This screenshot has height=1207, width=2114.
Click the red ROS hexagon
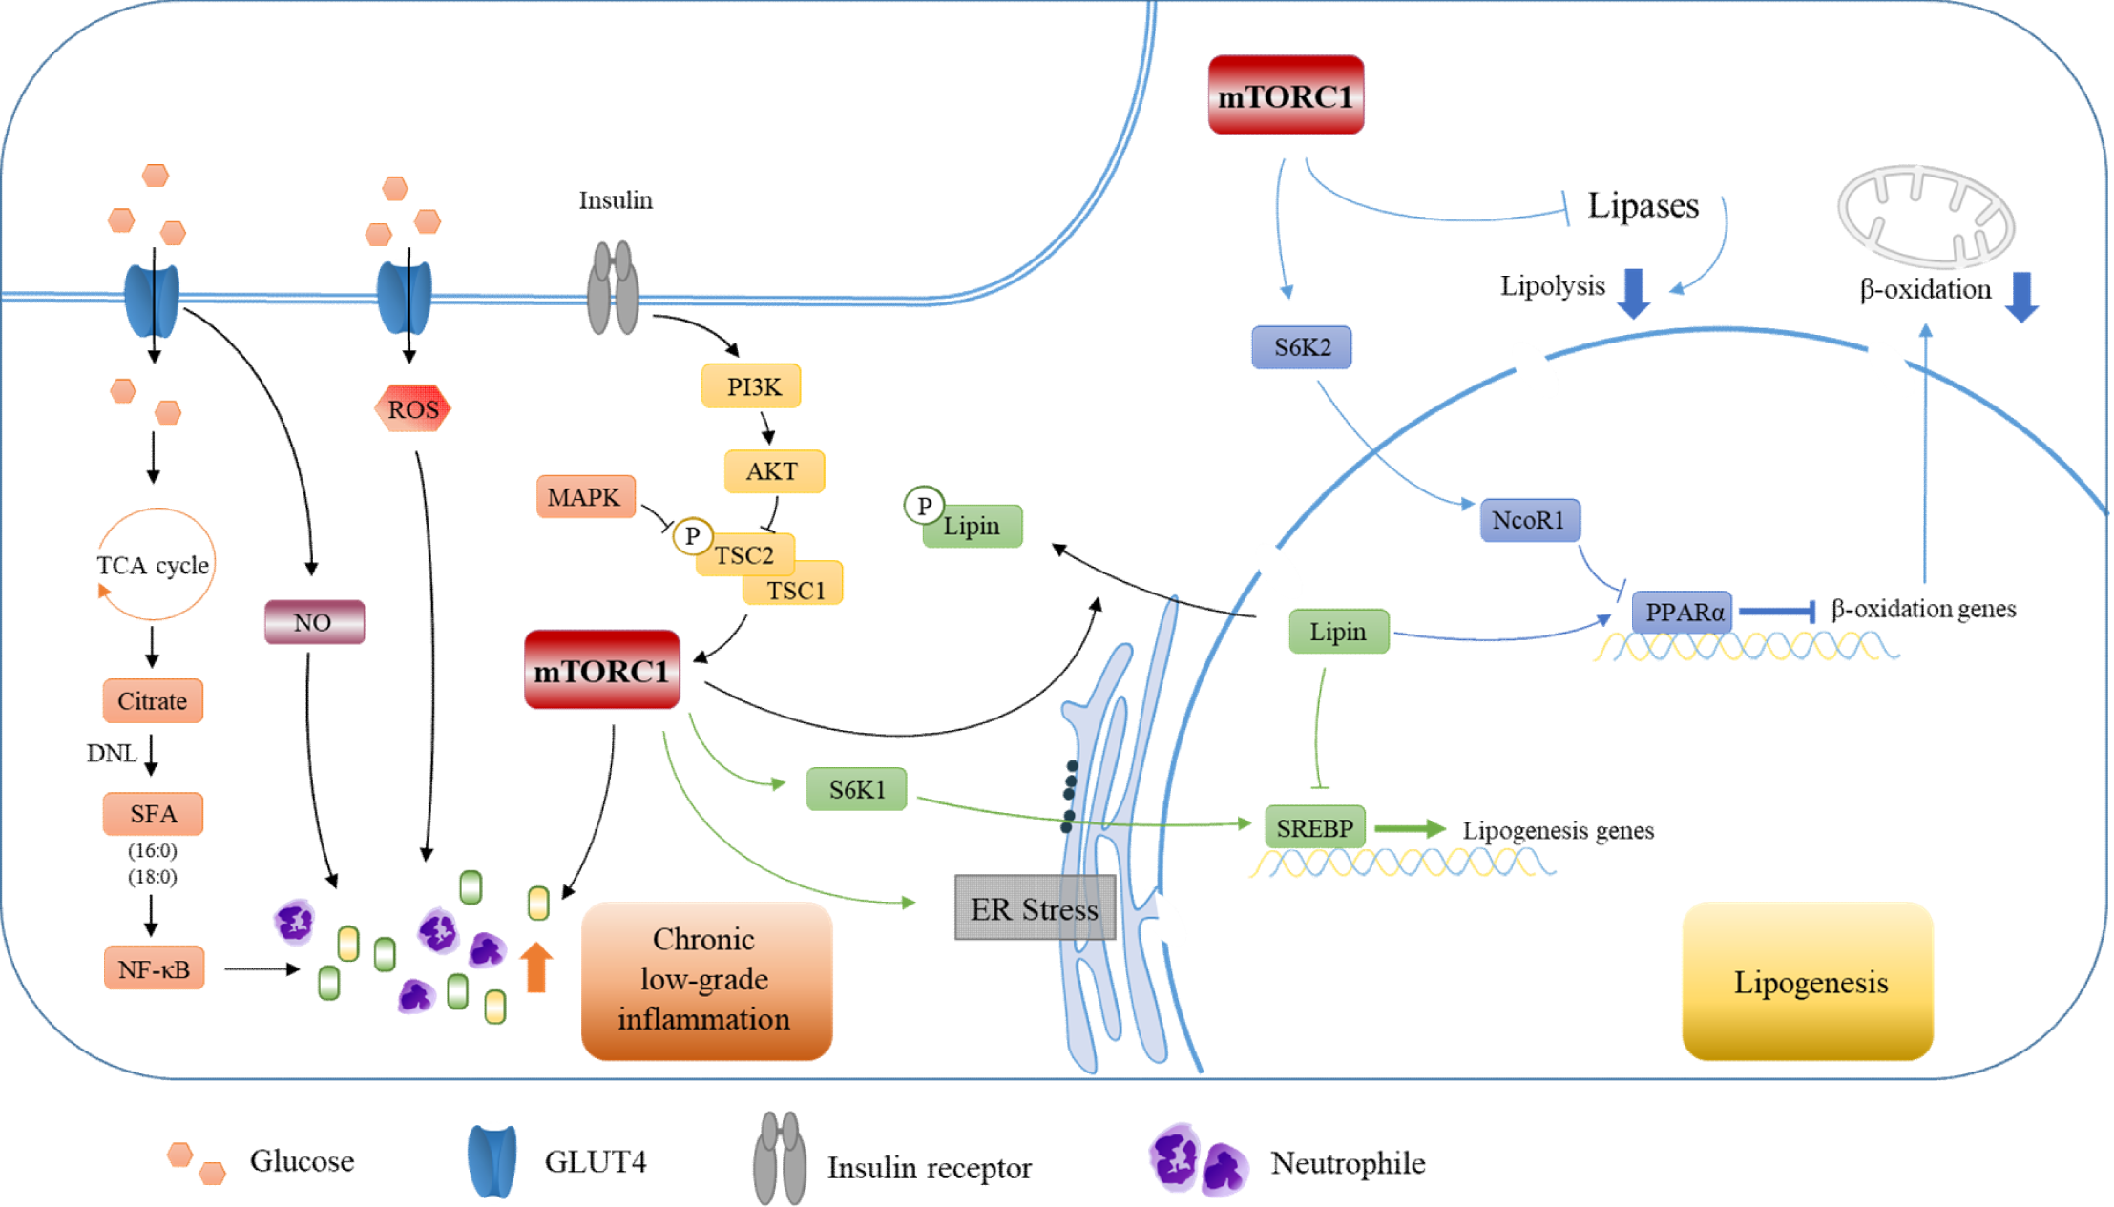pos(412,409)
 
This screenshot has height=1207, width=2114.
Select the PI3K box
pos(751,386)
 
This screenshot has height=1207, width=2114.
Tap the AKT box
pos(773,471)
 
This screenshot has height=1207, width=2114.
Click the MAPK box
pos(585,497)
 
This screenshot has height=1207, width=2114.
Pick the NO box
pos(314,622)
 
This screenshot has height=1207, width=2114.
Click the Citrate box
pos(153,701)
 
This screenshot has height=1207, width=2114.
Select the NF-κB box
pos(154,969)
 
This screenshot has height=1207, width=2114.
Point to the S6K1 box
pos(856,789)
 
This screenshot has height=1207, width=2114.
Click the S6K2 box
pos(1301,347)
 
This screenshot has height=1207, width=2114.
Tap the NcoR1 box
pos(1529,520)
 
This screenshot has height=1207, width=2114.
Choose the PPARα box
pos(1683,612)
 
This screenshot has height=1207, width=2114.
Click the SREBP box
pos(1315,827)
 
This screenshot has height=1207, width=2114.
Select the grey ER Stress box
pos(1035,908)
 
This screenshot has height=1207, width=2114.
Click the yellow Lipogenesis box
pos(1808,982)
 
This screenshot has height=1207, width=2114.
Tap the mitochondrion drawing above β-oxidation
pos(1926,217)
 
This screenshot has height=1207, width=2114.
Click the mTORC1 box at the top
pos(1286,95)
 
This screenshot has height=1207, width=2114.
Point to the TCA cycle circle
pos(156,564)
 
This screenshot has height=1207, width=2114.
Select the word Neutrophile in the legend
pos(1348,1163)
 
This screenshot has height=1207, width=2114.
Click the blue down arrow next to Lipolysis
pos(1634,293)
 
